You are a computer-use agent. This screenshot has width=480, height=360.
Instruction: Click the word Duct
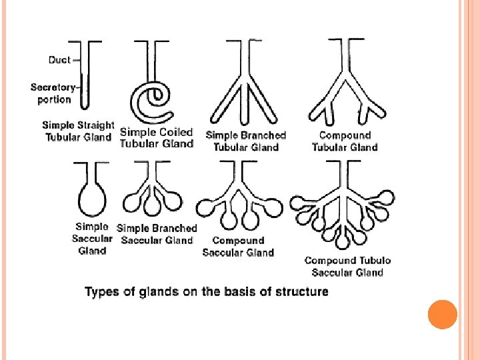coord(59,60)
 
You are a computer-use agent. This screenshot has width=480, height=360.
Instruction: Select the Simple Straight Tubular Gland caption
coord(78,131)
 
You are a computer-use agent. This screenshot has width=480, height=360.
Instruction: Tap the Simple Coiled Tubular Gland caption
coord(157,137)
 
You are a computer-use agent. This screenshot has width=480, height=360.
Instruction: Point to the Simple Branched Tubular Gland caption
coord(246,141)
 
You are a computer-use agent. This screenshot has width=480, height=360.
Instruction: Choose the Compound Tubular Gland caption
coord(345,141)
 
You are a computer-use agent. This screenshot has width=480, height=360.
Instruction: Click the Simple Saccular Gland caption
coord(92,239)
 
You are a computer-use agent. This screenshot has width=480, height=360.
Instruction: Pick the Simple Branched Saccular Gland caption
coord(157,234)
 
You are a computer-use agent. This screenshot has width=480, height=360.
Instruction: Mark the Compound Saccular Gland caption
coord(238,247)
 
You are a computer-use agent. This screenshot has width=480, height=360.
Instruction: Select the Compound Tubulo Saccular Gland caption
coord(347,266)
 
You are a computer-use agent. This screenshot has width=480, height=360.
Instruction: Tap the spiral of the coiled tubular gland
coord(153,98)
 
